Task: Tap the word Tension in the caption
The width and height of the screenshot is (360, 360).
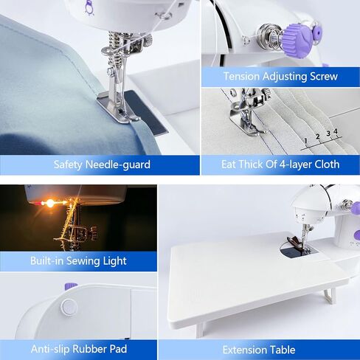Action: pos(242,77)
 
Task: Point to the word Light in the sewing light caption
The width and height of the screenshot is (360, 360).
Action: pos(114,261)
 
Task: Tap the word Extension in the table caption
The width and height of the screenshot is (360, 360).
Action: pos(249,350)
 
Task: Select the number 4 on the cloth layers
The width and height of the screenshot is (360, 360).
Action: pos(335,131)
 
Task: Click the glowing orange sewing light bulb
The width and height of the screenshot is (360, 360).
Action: pos(50,203)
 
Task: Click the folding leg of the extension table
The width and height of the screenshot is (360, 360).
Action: pos(330,295)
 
